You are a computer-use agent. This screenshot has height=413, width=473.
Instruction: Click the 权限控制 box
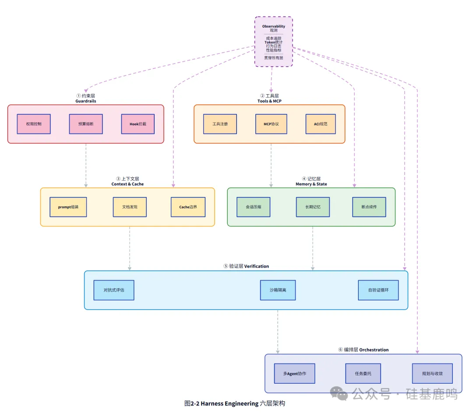click(x=34, y=124)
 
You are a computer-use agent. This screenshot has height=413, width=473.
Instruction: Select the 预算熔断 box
click(x=86, y=124)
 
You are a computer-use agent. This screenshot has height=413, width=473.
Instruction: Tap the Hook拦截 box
click(x=138, y=124)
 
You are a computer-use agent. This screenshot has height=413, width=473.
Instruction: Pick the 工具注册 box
click(x=220, y=124)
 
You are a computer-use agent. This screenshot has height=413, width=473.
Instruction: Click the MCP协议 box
click(x=272, y=124)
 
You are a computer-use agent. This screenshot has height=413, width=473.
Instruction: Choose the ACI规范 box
click(x=321, y=124)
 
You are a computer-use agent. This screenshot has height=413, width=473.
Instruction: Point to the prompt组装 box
click(x=68, y=207)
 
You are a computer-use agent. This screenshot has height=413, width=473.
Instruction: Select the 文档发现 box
click(x=130, y=207)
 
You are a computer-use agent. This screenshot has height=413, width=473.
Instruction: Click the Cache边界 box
click(x=188, y=207)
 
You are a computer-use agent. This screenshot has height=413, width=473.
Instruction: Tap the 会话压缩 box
click(x=254, y=207)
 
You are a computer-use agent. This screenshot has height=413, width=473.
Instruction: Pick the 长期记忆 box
click(x=313, y=207)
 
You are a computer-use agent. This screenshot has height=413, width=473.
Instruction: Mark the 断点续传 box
click(x=369, y=207)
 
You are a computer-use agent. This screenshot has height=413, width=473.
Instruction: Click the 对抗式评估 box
click(x=114, y=290)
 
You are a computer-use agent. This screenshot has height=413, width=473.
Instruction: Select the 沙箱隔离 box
click(x=278, y=290)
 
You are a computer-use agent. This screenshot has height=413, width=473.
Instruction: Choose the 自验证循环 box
click(x=378, y=290)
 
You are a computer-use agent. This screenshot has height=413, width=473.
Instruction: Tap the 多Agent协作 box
click(x=294, y=374)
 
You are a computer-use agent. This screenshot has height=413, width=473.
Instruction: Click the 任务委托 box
click(x=363, y=374)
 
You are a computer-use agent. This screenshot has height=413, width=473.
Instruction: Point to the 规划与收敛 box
click(x=432, y=374)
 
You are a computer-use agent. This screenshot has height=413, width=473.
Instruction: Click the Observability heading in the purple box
click(x=274, y=26)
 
